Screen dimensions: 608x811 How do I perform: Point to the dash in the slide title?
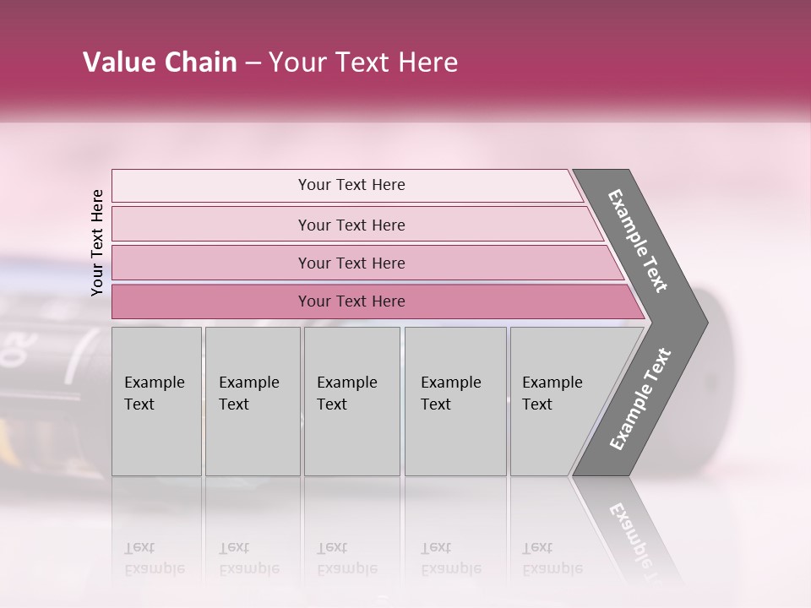point(253,63)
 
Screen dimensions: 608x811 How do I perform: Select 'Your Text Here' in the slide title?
point(363,62)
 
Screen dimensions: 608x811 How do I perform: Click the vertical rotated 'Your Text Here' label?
point(97,242)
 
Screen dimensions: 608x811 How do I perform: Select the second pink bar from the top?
point(351,225)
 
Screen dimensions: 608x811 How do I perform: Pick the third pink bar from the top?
point(351,263)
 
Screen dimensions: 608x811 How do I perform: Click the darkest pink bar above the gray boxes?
point(351,301)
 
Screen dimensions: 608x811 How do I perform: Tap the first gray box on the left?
point(156,401)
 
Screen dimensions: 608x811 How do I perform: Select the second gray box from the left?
point(252,401)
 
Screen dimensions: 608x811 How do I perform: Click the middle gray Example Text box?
point(351,401)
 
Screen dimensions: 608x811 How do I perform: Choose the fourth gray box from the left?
point(454,401)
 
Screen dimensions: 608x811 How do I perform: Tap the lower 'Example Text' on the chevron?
point(640,399)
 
